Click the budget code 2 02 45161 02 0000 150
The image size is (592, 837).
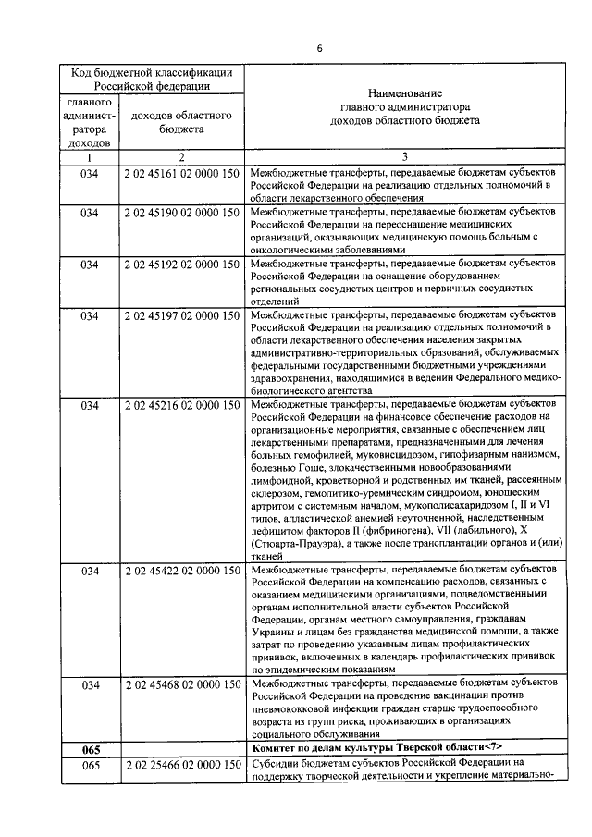point(181,173)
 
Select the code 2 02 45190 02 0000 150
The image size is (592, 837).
point(181,212)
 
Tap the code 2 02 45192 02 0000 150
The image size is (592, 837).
point(181,263)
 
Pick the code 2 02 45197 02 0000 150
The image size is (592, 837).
point(181,314)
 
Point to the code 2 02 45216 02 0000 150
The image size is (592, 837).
point(181,404)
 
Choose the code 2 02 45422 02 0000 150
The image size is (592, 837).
point(181,571)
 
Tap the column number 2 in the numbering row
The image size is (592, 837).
point(181,157)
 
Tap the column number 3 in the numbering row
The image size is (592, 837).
point(404,157)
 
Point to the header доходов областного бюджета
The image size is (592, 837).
point(181,123)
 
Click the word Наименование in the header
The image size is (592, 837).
point(404,93)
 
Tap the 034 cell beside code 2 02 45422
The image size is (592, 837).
point(90,571)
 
